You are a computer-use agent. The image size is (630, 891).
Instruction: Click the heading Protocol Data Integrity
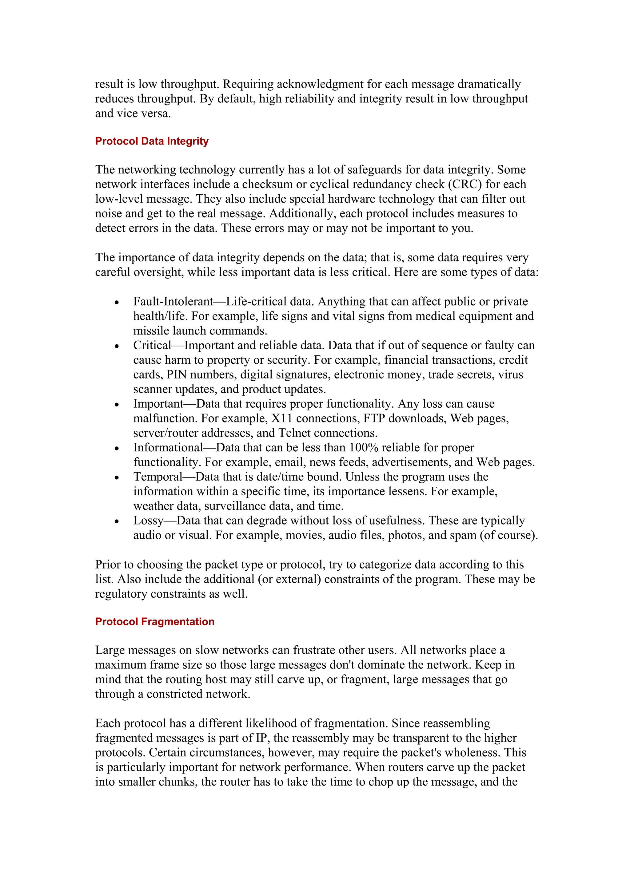152,141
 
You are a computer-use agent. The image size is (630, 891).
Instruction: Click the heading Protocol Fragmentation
154,622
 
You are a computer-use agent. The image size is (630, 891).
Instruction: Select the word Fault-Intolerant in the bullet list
173,302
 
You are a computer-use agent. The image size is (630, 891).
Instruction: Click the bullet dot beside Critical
117,346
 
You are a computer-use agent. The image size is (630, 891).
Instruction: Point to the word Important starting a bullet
158,404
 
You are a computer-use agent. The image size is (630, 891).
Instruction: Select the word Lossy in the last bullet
148,521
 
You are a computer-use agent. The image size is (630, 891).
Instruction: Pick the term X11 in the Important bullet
282,419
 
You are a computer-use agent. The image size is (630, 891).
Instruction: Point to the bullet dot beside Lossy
117,521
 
